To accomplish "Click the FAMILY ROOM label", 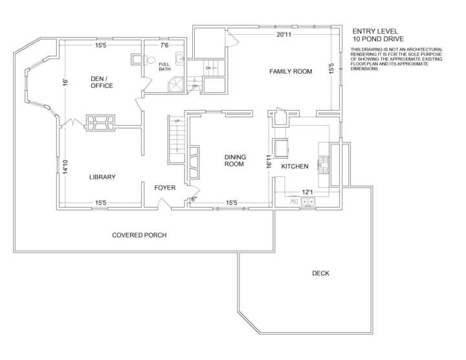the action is click(x=291, y=71).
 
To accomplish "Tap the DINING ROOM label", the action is click(x=235, y=161).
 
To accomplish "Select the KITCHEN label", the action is click(x=294, y=166).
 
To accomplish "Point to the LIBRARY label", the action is click(x=102, y=177).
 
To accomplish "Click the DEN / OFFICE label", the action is click(x=102, y=82).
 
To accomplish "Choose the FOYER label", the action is click(x=165, y=188).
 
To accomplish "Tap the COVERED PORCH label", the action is click(x=139, y=235).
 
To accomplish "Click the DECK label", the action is click(x=320, y=273).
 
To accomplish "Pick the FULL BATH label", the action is click(x=164, y=67).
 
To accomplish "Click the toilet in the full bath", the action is click(x=150, y=60).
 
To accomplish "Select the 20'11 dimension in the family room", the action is click(x=284, y=34).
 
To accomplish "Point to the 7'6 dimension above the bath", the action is click(x=164, y=45).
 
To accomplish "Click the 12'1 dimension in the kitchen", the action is click(x=307, y=192).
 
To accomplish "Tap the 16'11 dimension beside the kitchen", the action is click(x=269, y=161).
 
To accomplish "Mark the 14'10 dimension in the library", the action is click(x=65, y=167).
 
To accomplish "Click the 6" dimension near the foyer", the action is click(x=194, y=199).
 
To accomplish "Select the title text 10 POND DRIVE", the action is click(x=379, y=39).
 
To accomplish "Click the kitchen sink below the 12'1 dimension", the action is click(x=308, y=201).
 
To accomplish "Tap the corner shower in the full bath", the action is click(x=176, y=84).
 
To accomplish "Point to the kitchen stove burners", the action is click(x=323, y=164).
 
